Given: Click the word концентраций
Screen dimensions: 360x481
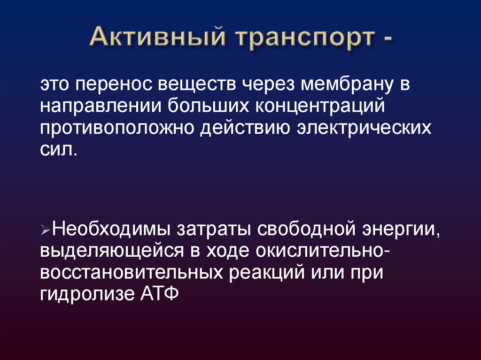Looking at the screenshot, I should [x=321, y=105].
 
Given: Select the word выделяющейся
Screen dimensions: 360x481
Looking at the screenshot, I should [x=110, y=251].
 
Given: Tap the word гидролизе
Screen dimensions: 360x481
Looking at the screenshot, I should [x=88, y=294].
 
